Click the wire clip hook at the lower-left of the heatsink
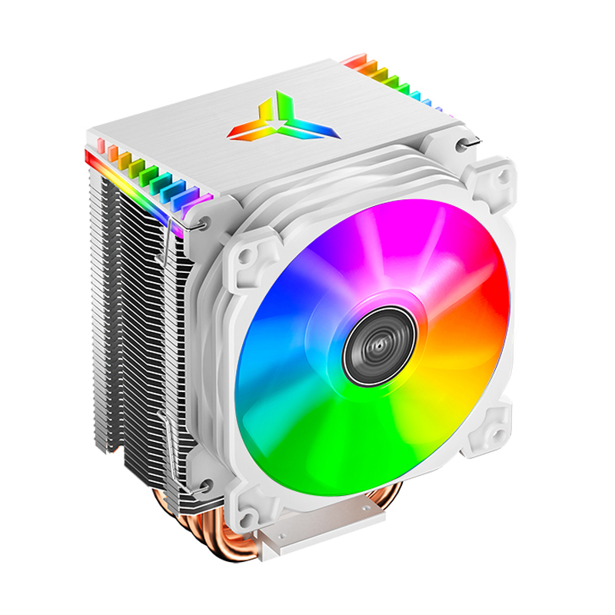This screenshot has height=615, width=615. tap(204, 484)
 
